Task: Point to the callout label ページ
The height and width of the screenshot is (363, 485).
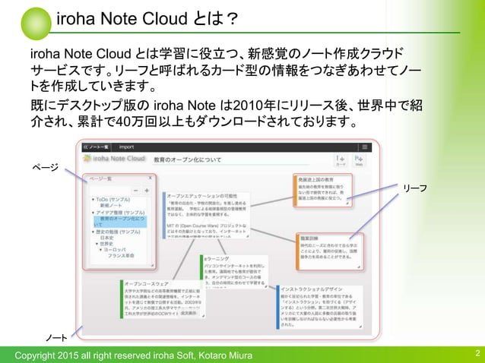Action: point(43,166)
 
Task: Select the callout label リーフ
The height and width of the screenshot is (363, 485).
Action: point(414,187)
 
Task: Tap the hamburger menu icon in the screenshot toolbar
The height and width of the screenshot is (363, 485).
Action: point(365,147)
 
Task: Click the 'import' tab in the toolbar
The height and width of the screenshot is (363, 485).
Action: point(127,147)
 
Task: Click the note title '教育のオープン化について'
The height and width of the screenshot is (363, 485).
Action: point(188,160)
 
